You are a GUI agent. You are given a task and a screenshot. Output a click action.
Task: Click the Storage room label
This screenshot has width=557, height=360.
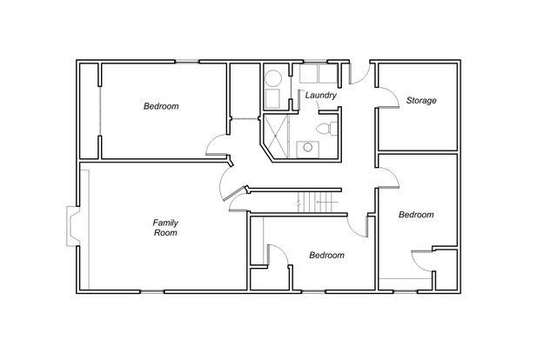pos(421,101)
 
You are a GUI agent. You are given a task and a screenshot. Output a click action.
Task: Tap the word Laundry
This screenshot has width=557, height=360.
pos(321,95)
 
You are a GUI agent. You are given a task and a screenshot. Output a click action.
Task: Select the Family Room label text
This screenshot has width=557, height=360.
pos(165,228)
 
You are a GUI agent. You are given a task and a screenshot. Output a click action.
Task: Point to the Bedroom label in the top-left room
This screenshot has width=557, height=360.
pos(161,106)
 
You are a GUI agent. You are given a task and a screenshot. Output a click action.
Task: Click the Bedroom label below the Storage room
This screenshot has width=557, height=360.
pos(416,215)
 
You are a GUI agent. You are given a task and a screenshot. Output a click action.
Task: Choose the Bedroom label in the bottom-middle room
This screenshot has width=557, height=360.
pos(326,255)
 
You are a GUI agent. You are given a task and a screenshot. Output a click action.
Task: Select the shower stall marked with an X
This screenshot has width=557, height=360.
pos(276,136)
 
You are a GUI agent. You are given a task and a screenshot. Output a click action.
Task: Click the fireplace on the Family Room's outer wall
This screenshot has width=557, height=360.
pos(73,226)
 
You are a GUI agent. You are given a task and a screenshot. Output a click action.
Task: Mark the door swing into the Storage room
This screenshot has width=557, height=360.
pos(388,97)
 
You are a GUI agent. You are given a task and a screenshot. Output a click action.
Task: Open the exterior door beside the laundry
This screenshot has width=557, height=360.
pos(359,74)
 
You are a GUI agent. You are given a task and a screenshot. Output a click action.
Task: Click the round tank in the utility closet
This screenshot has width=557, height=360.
pos(273,78)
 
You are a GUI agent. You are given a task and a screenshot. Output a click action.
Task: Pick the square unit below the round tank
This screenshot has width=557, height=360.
pos(272,99)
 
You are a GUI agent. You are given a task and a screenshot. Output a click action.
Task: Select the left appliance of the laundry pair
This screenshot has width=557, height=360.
pos(308,74)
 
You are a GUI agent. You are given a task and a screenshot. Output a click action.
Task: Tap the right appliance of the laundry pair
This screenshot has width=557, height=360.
pos(327,74)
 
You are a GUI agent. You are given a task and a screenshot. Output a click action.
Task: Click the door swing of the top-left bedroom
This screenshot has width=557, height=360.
pos(216,145)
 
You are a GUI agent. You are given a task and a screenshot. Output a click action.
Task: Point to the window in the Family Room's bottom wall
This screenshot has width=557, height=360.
pos(152,292)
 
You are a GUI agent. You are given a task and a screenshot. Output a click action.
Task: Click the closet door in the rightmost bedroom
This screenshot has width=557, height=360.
pos(421,261)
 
